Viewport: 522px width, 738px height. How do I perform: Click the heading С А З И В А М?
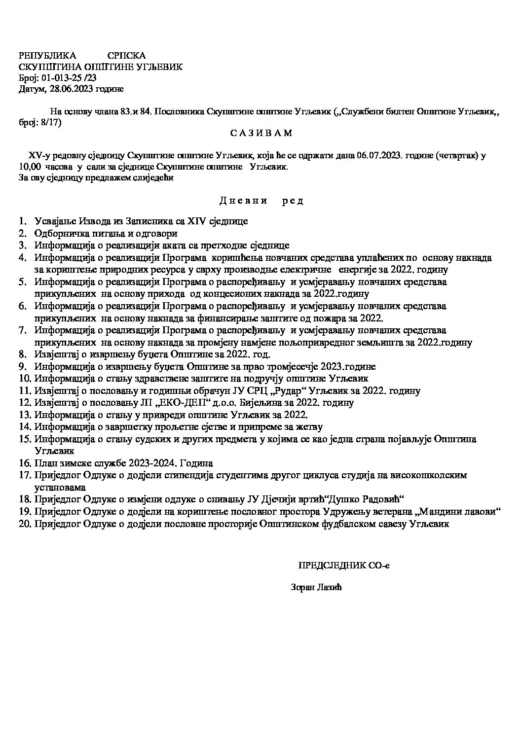[x=261, y=133]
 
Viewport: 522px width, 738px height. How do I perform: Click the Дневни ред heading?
[x=261, y=201]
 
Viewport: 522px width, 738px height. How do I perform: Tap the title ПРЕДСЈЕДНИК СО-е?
[x=343, y=565]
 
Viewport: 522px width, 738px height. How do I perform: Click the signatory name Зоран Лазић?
[x=317, y=588]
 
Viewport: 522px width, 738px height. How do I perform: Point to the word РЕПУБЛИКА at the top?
[x=47, y=56]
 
